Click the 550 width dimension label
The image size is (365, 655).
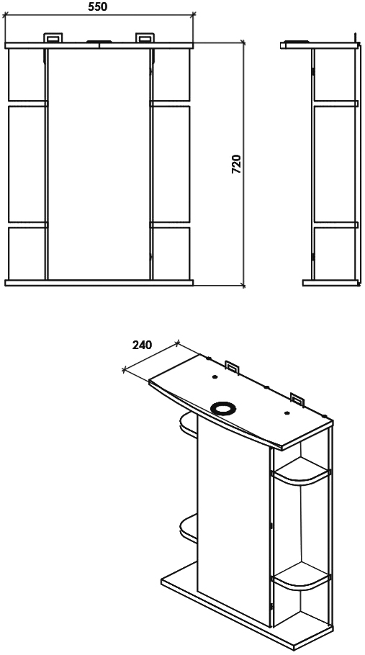(x=98, y=6)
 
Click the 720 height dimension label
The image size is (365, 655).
(x=236, y=164)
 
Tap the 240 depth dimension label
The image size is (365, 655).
(x=142, y=345)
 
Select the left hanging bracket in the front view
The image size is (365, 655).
(x=53, y=37)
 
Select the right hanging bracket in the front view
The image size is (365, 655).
(x=145, y=37)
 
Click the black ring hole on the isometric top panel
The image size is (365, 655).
(x=223, y=407)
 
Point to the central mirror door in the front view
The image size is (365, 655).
(x=99, y=164)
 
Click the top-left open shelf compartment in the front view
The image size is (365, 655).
(x=27, y=75)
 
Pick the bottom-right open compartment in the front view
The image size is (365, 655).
(x=171, y=253)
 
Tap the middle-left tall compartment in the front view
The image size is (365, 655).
(x=27, y=164)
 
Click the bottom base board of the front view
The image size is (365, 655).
(x=99, y=283)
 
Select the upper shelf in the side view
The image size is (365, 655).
(x=335, y=104)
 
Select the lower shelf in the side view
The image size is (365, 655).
(x=335, y=225)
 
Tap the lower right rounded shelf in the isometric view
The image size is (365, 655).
(x=301, y=577)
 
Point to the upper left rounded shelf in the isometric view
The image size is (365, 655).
(x=189, y=425)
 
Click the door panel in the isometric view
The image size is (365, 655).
(x=234, y=522)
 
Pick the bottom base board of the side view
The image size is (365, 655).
(x=330, y=283)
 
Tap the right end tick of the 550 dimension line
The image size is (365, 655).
(x=194, y=15)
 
